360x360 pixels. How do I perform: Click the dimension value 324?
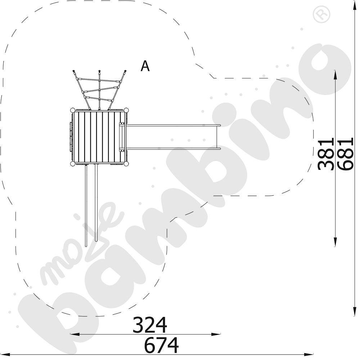pyautogui.click(x=150, y=325)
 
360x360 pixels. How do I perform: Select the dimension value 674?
pyautogui.click(x=161, y=345)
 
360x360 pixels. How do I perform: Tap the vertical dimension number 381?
pyautogui.click(x=325, y=154)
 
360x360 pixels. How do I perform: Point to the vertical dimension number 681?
pyautogui.click(x=346, y=154)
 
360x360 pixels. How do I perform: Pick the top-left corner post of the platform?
pyautogui.click(x=73, y=110)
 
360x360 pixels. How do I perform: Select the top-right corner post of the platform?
pyautogui.click(x=126, y=110)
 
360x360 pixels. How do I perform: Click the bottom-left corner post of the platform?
pyautogui.click(x=73, y=164)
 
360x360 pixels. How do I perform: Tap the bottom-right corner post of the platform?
pyautogui.click(x=126, y=164)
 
